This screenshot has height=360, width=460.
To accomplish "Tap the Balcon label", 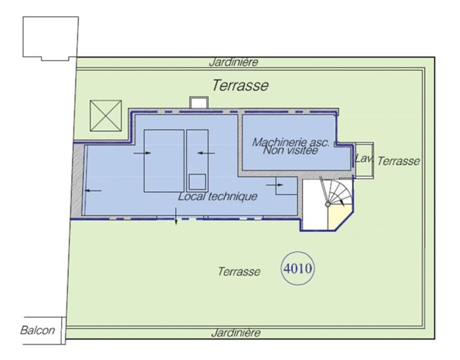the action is (37, 330).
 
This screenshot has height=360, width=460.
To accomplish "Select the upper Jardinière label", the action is (234, 62).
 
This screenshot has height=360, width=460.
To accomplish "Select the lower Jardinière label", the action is (235, 333).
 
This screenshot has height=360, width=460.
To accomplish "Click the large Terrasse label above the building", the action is (240, 86).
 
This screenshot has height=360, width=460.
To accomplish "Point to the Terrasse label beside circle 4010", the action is (239, 271).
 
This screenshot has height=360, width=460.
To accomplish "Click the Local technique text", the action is (218, 196).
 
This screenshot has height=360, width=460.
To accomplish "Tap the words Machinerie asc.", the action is (291, 142).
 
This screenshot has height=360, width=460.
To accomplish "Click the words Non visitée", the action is (291, 150).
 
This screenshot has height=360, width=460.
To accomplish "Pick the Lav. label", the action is (364, 159).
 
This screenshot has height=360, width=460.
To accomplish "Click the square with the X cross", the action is (105, 116).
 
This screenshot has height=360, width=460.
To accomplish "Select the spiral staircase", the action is (338, 192).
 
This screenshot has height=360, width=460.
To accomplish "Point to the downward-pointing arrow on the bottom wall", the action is (176, 216).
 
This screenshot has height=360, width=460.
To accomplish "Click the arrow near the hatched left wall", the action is (93, 190).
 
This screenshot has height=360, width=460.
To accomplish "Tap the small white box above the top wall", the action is (199, 102).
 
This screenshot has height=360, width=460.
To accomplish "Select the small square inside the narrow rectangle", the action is (197, 182).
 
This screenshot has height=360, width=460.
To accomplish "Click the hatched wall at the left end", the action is (77, 180).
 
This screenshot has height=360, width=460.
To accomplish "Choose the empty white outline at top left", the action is (51, 38).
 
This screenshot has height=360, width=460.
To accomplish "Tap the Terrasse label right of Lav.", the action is (398, 161).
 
